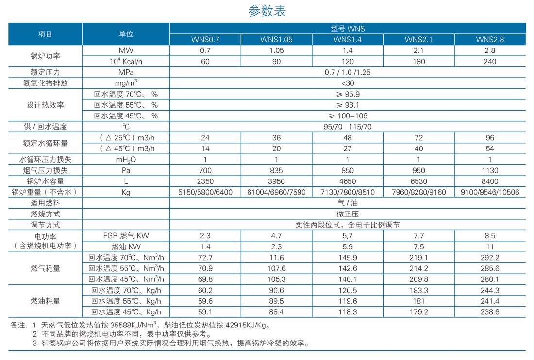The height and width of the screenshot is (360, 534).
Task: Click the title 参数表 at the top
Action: (x=267, y=11)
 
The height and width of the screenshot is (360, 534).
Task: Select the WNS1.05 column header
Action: (x=276, y=40)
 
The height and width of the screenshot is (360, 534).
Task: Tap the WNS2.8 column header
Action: (x=490, y=40)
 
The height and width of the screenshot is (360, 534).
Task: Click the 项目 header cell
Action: (x=45, y=34)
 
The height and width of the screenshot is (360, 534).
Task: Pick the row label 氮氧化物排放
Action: (x=45, y=83)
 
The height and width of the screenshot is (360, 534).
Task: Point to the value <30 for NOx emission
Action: (x=348, y=83)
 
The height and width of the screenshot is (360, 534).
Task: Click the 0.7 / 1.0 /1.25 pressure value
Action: (x=348, y=72)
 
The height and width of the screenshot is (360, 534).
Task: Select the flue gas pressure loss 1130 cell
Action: (x=490, y=170)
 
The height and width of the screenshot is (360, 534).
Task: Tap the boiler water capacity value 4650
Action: (x=348, y=181)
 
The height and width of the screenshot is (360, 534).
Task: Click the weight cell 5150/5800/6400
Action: (x=205, y=192)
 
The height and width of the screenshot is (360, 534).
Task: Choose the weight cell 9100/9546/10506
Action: (x=490, y=192)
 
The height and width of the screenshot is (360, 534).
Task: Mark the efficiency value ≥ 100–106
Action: (x=348, y=116)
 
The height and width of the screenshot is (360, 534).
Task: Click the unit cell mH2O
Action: (x=126, y=160)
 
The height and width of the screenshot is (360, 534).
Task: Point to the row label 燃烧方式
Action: (x=45, y=214)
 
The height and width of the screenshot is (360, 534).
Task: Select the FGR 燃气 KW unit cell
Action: (x=126, y=236)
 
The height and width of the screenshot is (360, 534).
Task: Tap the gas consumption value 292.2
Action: (x=490, y=258)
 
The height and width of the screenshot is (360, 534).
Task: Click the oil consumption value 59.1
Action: (x=205, y=312)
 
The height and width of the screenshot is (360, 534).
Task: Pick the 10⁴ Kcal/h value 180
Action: (x=418, y=62)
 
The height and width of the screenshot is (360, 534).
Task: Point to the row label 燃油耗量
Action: (x=45, y=301)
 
